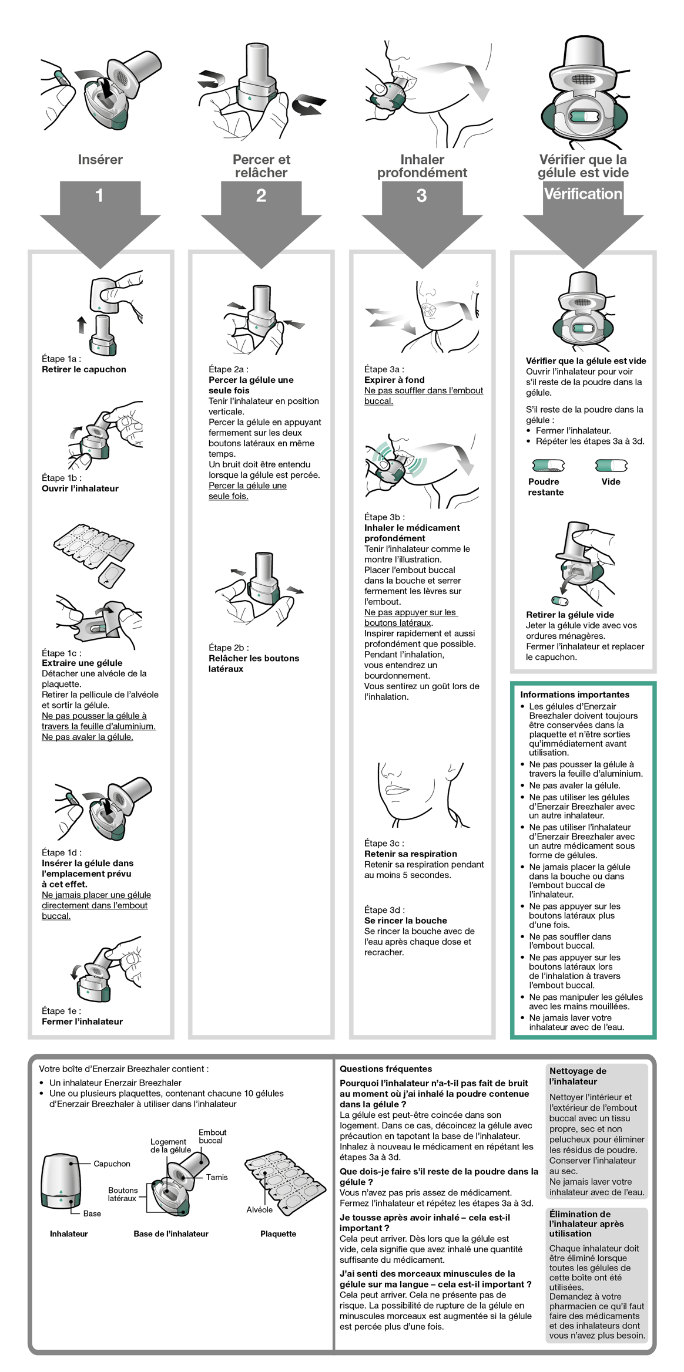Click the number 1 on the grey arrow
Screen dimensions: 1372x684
99,195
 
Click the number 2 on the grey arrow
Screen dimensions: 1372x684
261,195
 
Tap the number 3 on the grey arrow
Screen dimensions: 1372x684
421,195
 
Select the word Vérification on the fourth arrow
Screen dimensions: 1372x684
582,194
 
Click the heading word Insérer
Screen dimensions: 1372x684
100,160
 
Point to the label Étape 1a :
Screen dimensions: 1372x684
61,359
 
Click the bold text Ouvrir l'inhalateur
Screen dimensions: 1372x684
80,488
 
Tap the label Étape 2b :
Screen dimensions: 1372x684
229,648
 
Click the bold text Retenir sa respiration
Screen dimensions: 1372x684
410,854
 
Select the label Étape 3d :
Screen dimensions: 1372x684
384,910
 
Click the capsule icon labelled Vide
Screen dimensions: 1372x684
611,466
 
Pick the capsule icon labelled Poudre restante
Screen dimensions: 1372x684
548,466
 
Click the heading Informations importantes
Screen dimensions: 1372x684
575,695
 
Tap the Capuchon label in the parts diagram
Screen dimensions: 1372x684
112,1164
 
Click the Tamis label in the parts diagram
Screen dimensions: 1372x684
216,1177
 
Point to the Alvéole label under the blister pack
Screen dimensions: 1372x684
259,1210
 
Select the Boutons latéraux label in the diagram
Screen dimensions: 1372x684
122,1194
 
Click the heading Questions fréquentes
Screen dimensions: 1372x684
385,1069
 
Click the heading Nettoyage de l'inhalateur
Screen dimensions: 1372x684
578,1076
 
